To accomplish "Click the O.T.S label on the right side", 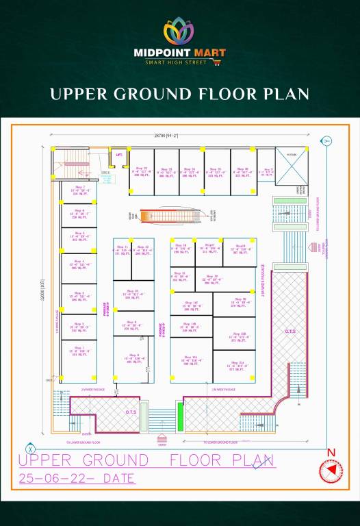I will (290, 332).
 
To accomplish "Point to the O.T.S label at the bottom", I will (131, 412).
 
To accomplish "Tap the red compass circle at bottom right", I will (331, 473).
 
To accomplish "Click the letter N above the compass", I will (331, 453).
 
